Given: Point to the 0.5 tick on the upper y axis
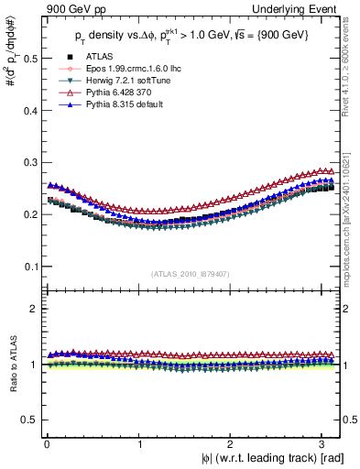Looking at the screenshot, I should [27, 58].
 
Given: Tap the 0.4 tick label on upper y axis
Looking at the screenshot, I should [27, 110].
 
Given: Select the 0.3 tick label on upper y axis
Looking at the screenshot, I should [27, 162].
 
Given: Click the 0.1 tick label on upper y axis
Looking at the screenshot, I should [27, 267].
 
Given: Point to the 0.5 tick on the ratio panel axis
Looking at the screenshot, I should [27, 420].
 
